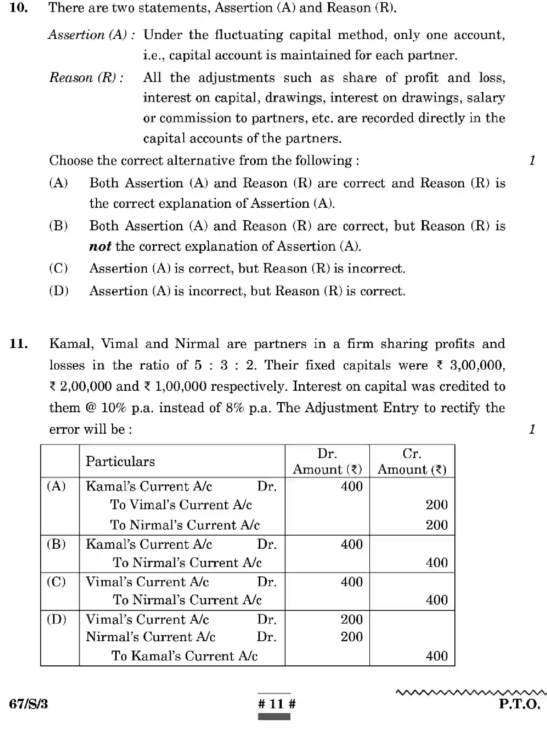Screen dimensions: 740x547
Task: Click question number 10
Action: click(x=19, y=8)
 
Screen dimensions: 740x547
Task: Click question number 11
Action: click(x=19, y=343)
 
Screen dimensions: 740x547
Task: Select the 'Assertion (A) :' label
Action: click(x=92, y=35)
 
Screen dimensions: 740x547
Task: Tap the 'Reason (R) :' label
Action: click(x=87, y=77)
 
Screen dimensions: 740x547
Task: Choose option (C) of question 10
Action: click(x=59, y=268)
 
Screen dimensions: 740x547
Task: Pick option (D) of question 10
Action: click(x=59, y=291)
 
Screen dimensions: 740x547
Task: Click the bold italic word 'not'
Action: click(x=100, y=247)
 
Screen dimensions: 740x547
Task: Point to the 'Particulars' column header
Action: click(x=120, y=461)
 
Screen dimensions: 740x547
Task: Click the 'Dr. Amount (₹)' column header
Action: click(x=327, y=461)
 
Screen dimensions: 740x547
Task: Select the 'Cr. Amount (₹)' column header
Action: click(x=412, y=461)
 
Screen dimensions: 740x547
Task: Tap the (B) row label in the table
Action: click(x=56, y=544)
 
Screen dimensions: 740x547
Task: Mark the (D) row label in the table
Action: click(x=56, y=619)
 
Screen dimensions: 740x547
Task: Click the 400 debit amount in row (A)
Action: click(x=351, y=486)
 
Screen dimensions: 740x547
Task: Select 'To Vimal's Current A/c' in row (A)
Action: click(x=181, y=505)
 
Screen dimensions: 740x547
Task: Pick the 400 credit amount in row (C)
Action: click(x=437, y=600)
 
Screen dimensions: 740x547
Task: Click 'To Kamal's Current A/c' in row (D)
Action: click(x=184, y=656)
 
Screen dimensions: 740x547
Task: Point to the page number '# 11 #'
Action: click(x=277, y=704)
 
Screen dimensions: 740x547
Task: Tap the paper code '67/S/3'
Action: click(x=28, y=704)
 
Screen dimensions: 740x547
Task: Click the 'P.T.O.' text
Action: click(x=519, y=704)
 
